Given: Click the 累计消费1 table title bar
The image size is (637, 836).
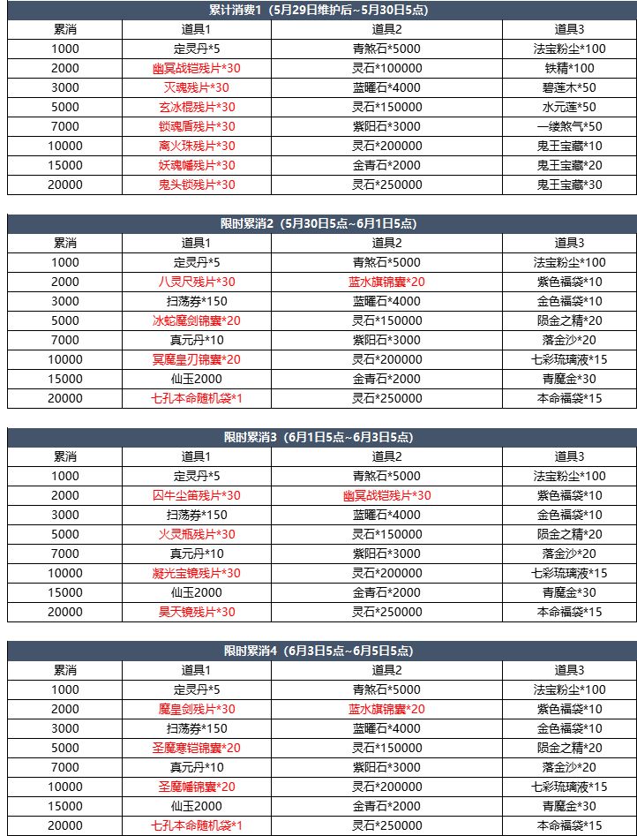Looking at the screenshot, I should [x=318, y=10].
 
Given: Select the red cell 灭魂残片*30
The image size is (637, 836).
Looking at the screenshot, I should [x=196, y=87].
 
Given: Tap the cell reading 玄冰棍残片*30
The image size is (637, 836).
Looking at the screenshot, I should [x=196, y=107].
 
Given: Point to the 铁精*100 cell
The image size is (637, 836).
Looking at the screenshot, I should [x=569, y=68].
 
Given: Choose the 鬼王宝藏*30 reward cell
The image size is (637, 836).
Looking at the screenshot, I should [x=569, y=185].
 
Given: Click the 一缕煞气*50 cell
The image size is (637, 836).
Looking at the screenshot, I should [x=569, y=126].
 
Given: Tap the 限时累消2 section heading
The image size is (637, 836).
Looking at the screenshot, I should [x=318, y=223].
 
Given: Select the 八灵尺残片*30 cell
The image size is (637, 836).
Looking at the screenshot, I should [x=196, y=282].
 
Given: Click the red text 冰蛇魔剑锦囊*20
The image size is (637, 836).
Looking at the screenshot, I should [x=196, y=320].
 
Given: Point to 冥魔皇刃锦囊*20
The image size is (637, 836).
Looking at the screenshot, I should [x=196, y=359].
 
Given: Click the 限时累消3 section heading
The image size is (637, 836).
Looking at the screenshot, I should [x=318, y=437].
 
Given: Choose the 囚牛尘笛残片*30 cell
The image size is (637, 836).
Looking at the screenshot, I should [x=196, y=495].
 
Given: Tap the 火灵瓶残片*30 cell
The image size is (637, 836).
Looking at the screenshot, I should [x=196, y=534].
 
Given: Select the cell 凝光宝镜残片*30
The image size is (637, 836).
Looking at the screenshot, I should [x=196, y=573].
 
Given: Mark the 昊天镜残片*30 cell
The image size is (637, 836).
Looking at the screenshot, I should [x=196, y=612].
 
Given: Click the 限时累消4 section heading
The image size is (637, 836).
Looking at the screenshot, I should [x=318, y=651].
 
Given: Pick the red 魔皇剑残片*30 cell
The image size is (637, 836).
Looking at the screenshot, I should [x=196, y=709].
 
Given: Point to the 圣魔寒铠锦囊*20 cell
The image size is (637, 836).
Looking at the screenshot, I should [x=196, y=748].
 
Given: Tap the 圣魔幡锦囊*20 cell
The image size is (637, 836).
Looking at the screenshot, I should [x=196, y=787].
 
